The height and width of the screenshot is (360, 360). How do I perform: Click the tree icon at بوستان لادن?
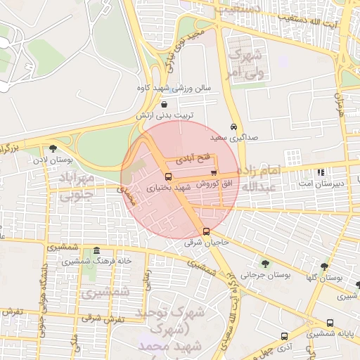point(53,148)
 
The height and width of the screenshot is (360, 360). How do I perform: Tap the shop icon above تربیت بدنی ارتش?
point(164,103)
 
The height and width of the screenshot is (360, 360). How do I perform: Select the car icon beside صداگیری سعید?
point(233,127)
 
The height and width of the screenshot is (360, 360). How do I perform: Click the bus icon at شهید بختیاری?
point(168,176)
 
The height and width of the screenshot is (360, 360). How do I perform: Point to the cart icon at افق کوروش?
point(214,172)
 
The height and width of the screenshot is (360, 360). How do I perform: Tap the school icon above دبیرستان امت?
point(321,172)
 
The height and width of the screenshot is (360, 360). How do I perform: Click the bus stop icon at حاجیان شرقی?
point(206,231)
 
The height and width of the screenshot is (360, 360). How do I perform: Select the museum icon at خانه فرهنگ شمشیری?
point(96,250)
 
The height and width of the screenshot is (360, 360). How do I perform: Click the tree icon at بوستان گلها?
point(324,266)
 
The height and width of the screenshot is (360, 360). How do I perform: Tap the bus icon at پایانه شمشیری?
point(330,323)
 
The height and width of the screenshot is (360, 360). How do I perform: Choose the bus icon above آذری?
point(284,336)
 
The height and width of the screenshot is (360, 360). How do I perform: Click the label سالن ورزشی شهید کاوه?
point(174,89)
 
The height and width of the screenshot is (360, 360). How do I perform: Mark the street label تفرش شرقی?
point(103,318)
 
